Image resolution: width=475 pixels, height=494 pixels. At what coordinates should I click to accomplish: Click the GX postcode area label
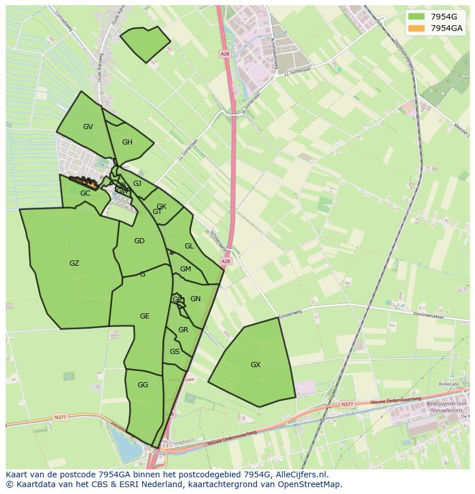coord(255,365)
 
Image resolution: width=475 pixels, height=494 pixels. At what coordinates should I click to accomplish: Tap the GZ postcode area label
coord(74,263)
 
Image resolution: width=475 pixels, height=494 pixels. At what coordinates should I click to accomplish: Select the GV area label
coord(88,127)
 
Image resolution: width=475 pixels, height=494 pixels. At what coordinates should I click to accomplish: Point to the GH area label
coord(127,142)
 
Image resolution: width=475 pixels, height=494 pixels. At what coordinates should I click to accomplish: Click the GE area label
coord(145,316)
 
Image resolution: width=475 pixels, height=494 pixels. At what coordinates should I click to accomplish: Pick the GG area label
coord(143,385)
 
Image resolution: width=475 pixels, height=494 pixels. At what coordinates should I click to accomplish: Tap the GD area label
coord(139,241)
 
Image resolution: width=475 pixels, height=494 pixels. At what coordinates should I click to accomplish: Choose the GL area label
coord(189,246)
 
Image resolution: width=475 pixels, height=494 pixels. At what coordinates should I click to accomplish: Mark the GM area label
coord(185,269)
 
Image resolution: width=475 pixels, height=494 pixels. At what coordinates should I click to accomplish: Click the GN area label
coord(196,299)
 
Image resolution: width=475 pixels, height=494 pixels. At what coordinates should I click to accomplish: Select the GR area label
coord(183,330)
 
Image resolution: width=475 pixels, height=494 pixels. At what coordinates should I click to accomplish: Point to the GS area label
coord(174,352)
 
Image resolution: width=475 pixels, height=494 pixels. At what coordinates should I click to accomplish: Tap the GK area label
coord(161,207)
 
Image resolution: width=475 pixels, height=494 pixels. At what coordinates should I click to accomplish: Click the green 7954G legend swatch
coord(416,17)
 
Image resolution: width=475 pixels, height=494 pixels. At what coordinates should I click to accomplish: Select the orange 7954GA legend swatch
coord(416,28)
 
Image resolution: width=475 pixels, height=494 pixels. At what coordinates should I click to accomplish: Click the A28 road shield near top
coord(224,53)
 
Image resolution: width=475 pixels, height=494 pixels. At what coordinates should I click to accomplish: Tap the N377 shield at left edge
coord(61,417)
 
